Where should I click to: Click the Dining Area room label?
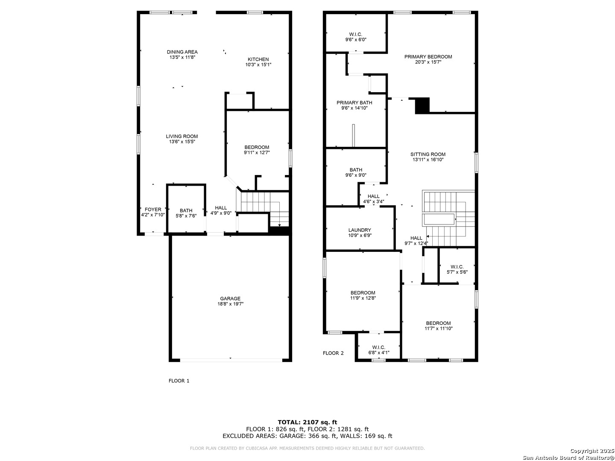pos(182,52)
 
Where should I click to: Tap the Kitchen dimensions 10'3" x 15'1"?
pos(258,65)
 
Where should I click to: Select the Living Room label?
pos(182,137)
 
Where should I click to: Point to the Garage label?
pos(230,299)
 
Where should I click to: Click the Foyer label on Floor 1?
pos(153,210)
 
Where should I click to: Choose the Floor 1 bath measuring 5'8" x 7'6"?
pos(186,213)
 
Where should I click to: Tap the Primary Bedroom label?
pos(428,57)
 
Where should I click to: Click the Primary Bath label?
pos(354,103)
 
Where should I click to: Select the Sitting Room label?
pos(428,155)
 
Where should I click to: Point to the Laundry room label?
pos(360,230)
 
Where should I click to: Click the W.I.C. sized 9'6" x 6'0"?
pos(356,37)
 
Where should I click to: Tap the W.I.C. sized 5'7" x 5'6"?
pos(457,269)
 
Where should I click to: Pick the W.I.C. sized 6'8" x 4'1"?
pos(378,350)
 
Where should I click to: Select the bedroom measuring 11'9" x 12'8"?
pos(363,295)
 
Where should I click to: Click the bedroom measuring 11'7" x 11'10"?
pos(438,326)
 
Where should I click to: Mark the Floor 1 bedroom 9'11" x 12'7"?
pos(257,150)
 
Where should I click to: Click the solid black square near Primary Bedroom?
pos(422,105)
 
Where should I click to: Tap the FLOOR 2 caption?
pos(333,353)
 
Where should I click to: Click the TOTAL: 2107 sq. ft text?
pos(307,422)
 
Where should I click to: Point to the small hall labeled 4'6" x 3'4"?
pos(373,199)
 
